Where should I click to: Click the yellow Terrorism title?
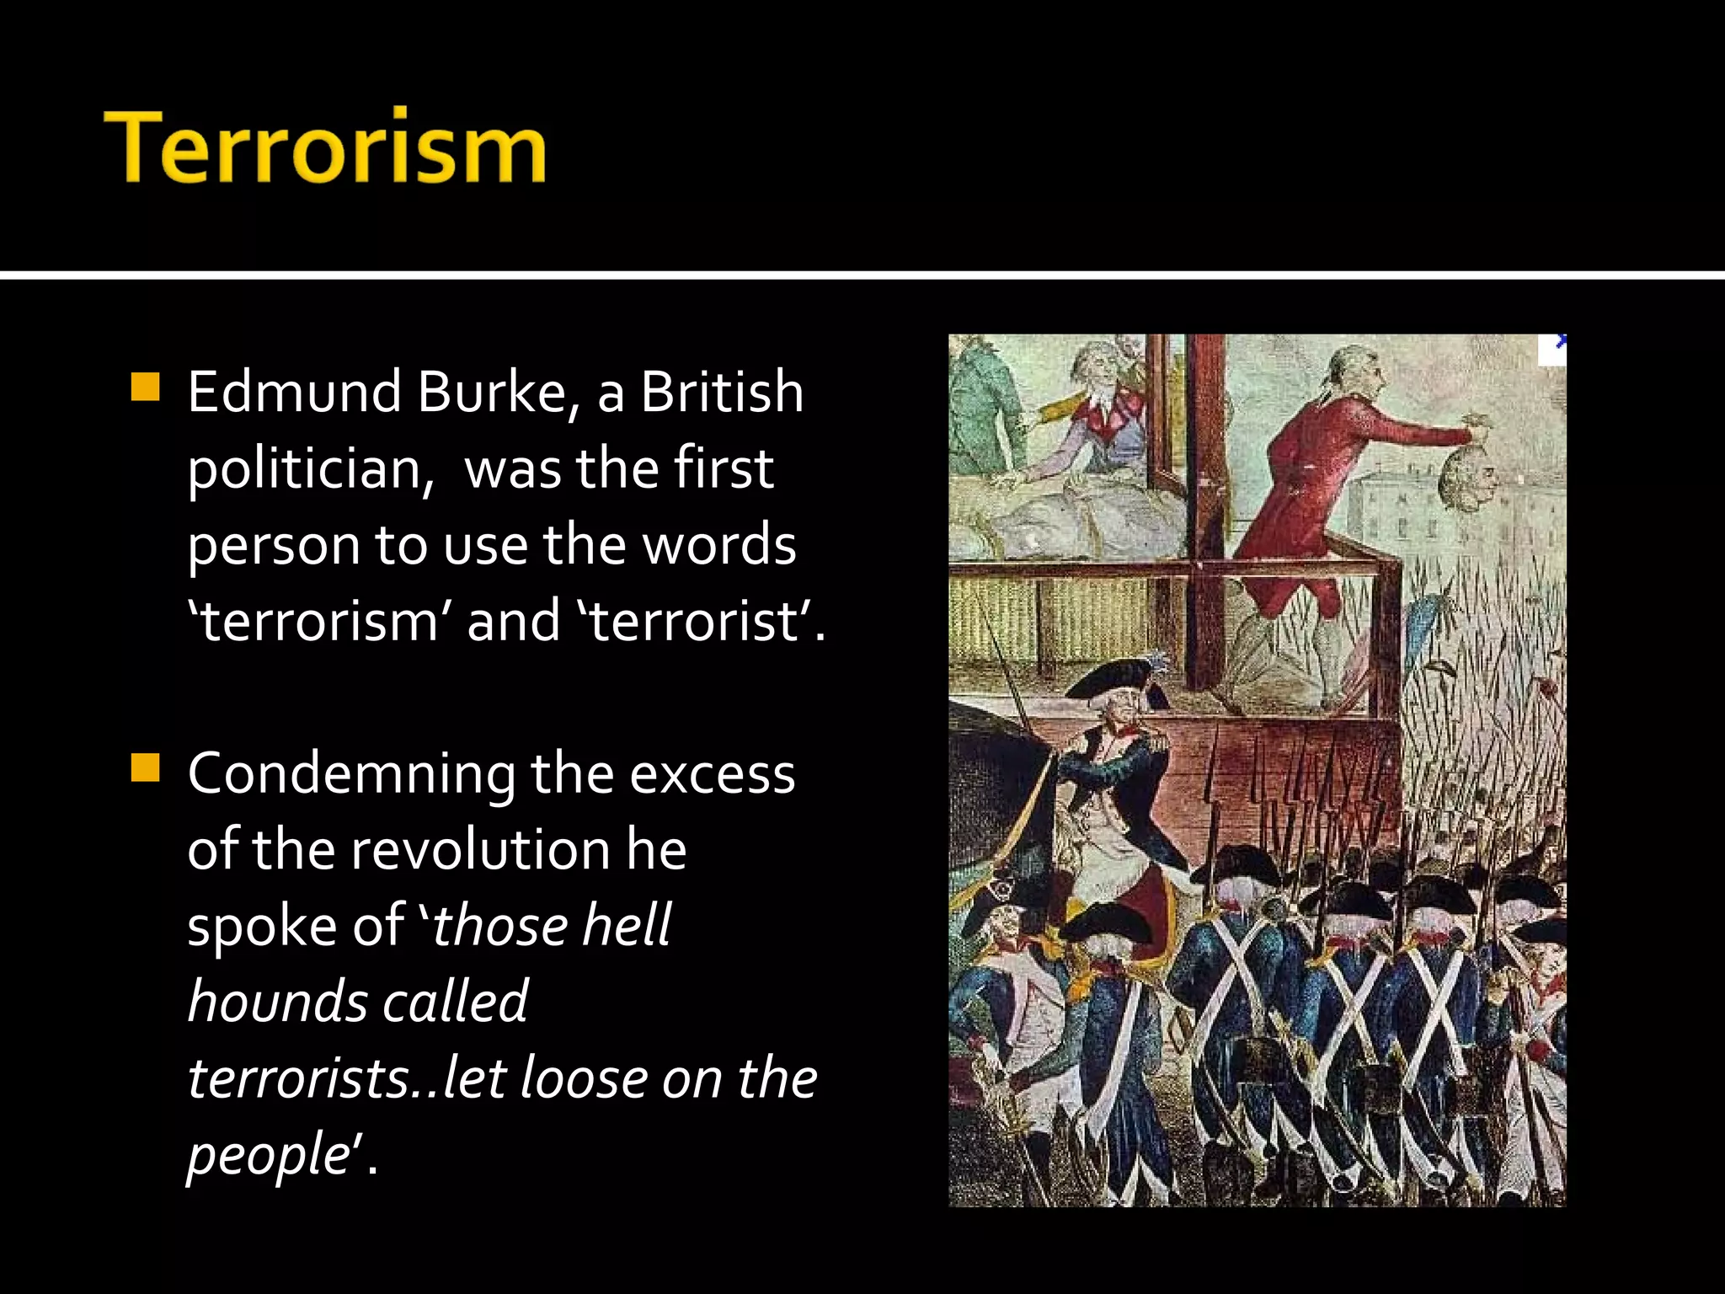point(325,148)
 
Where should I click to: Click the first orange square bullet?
point(146,387)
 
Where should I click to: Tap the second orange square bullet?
point(146,768)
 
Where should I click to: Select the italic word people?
point(268,1155)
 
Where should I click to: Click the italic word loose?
point(583,1078)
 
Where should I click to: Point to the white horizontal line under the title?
point(862,275)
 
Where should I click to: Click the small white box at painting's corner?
point(1551,350)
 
